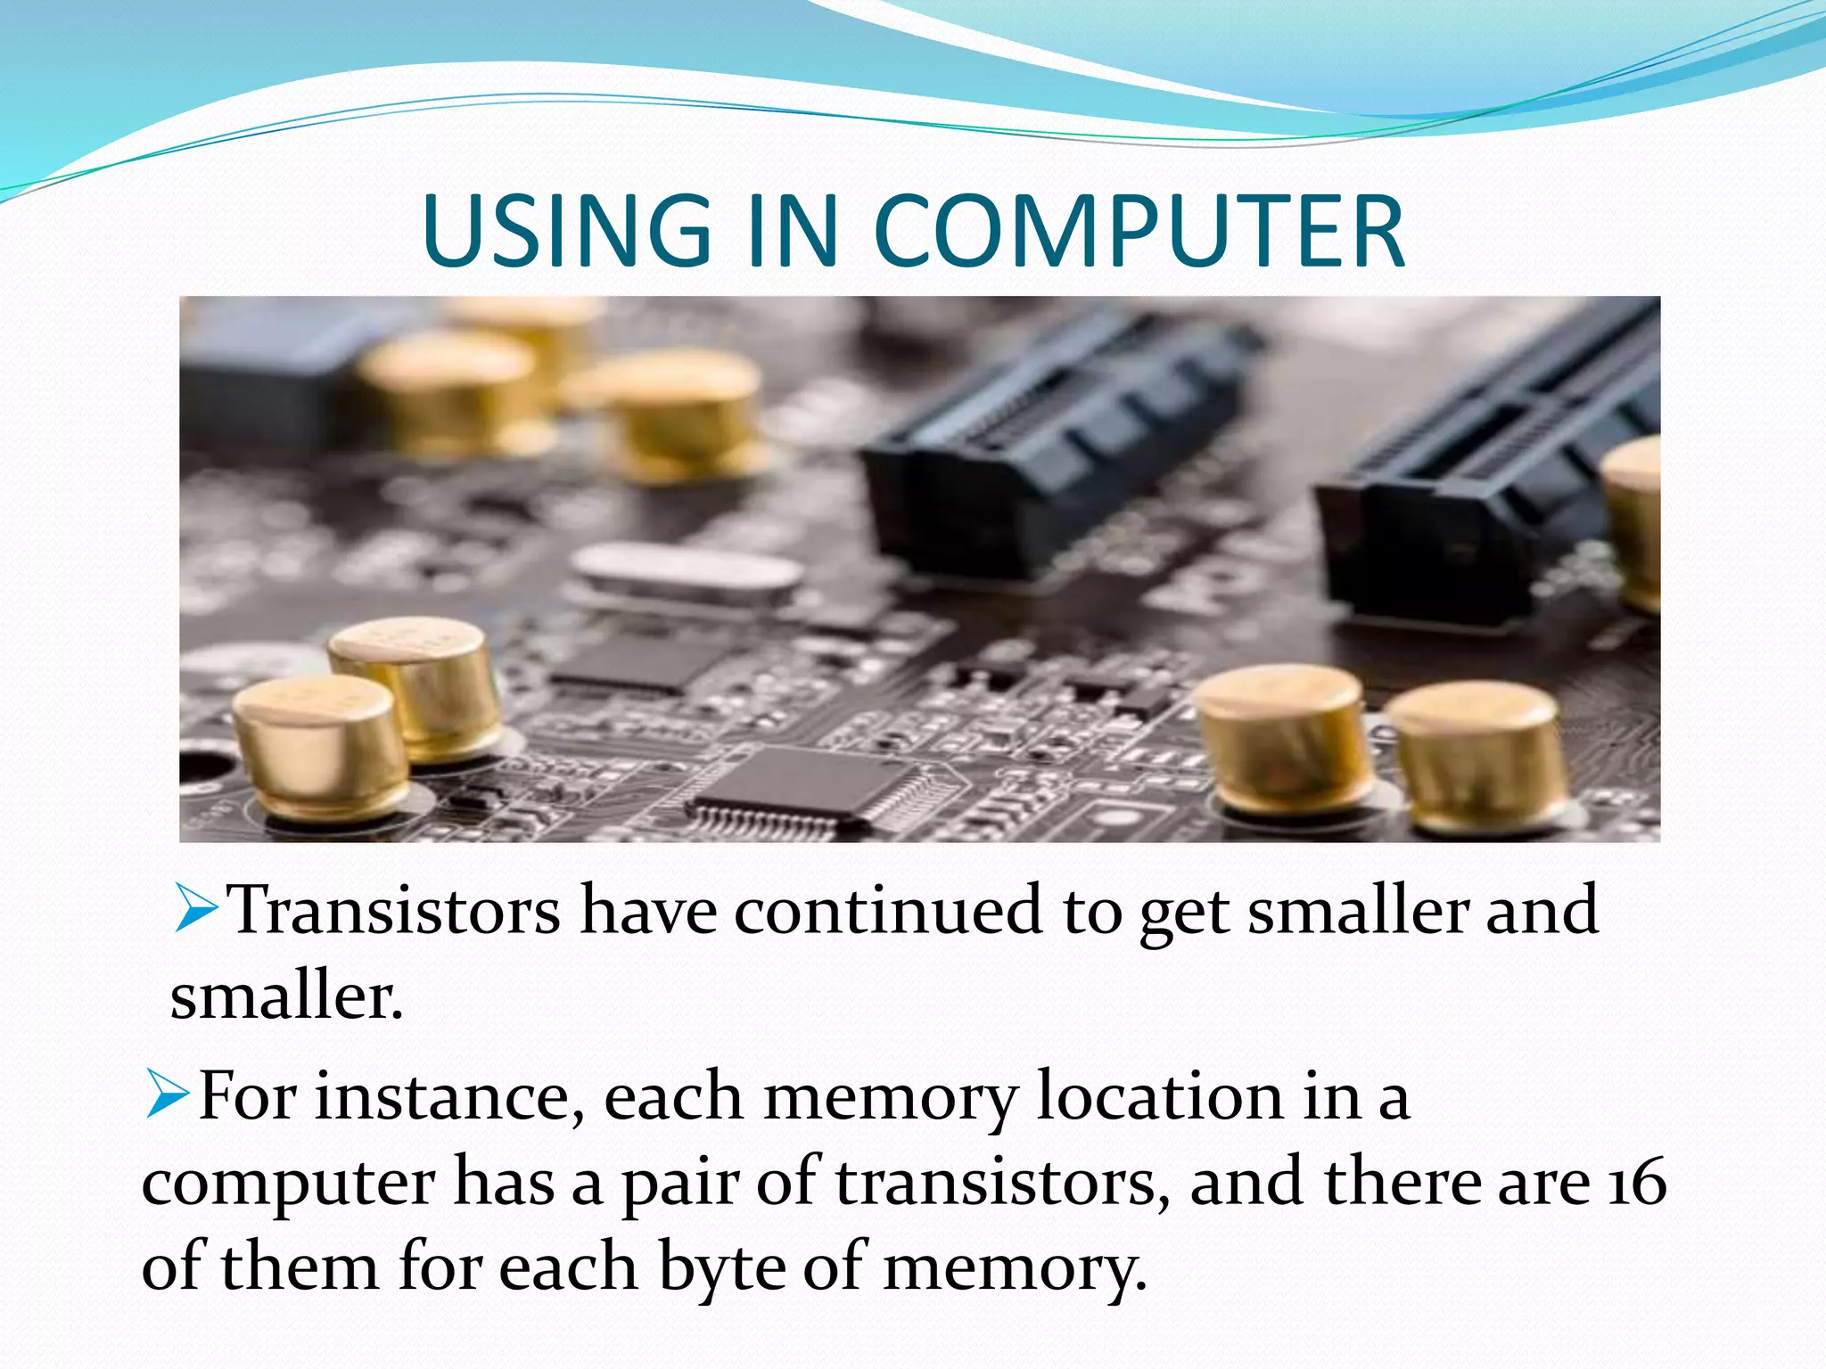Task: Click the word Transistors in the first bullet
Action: click(395, 911)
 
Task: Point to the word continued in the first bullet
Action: click(888, 911)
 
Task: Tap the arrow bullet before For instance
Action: click(167, 1094)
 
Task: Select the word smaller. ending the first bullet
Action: click(286, 997)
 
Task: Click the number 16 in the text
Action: click(1637, 1184)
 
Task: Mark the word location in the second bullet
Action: click(1159, 1096)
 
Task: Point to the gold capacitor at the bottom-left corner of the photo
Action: click(317, 747)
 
